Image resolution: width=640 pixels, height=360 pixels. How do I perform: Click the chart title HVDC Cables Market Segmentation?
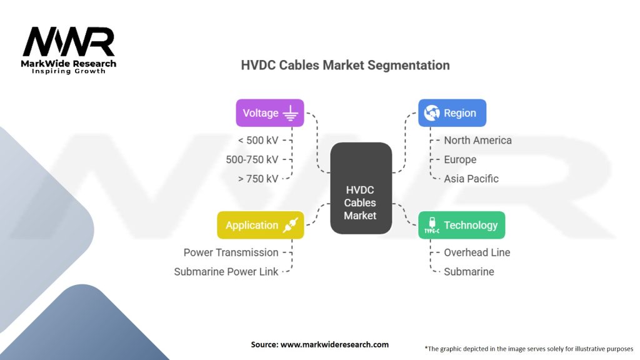[x=345, y=65]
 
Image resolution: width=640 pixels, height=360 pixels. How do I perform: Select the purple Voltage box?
[x=269, y=113]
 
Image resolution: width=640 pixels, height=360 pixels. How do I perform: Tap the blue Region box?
[x=452, y=113]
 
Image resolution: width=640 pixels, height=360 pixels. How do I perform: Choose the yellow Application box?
[x=260, y=225]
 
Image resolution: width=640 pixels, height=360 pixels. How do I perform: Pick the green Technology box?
[x=461, y=225]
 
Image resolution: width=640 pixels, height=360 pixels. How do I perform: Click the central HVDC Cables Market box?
[x=361, y=188]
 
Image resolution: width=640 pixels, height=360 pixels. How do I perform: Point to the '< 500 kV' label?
[x=257, y=140]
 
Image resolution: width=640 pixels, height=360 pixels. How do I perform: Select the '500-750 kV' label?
[x=252, y=159]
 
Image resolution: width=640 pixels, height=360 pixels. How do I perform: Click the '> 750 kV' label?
[x=257, y=179]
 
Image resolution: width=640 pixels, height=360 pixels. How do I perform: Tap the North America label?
[x=477, y=140]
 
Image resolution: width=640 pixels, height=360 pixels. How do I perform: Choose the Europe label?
[x=460, y=159]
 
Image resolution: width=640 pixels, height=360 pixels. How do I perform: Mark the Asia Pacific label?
[x=471, y=179]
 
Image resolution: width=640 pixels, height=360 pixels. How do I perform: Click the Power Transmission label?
[x=231, y=252]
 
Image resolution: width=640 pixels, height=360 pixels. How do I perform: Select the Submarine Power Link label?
[x=226, y=272]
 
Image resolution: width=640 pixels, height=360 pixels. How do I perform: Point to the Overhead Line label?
[x=477, y=252]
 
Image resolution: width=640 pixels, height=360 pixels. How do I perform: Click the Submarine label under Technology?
[x=469, y=272]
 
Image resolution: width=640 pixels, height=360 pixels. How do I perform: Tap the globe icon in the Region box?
[x=431, y=113]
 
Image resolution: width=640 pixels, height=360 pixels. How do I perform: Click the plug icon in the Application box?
[x=290, y=225]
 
